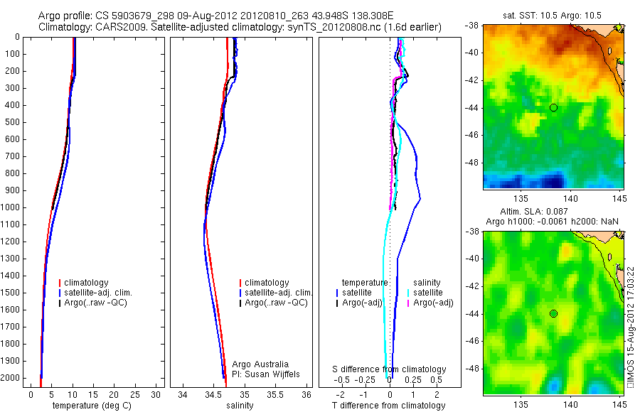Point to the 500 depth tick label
pos(11,122)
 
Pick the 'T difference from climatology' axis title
pos(388,406)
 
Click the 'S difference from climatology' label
pos(390,369)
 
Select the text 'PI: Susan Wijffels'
pos(267,374)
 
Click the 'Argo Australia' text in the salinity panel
pos(260,364)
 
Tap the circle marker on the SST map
pos(553,107)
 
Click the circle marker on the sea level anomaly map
pos(553,313)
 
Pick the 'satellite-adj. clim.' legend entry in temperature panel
pos(103,293)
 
